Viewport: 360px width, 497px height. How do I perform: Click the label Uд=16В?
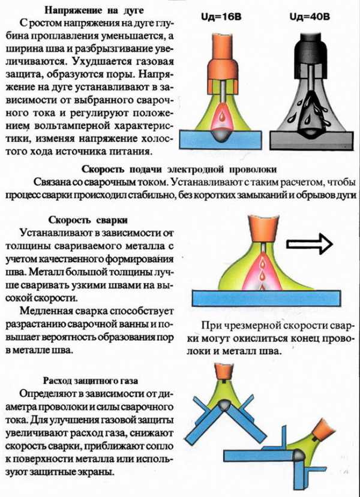tap(221, 16)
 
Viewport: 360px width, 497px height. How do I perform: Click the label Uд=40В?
tap(310, 16)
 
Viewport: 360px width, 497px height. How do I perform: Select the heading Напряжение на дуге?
tap(94, 10)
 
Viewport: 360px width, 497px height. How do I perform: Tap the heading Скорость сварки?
tap(88, 220)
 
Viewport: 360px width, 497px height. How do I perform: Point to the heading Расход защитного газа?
tap(91, 380)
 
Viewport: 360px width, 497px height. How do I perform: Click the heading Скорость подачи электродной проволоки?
tap(179, 169)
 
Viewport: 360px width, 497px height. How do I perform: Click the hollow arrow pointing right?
tap(310, 244)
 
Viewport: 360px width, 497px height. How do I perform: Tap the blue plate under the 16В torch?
tap(220, 140)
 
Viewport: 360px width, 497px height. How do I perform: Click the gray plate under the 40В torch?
tap(311, 140)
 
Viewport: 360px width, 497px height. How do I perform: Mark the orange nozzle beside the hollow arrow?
tap(264, 229)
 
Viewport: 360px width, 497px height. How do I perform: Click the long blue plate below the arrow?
tap(266, 298)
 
